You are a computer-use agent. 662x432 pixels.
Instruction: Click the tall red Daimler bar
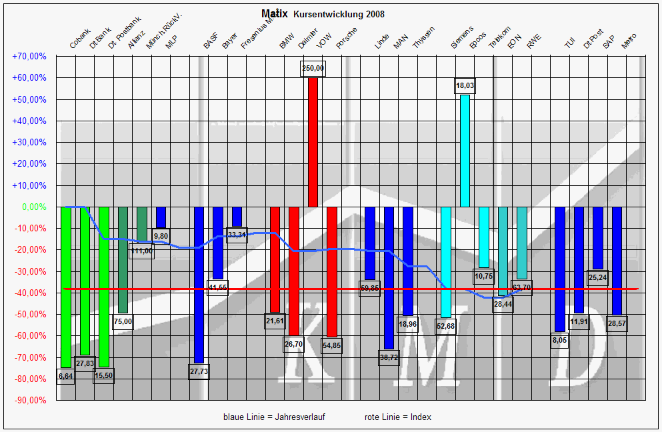click(x=313, y=142)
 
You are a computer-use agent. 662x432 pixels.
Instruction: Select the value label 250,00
click(x=313, y=68)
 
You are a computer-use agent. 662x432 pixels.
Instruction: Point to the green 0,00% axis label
click(x=34, y=207)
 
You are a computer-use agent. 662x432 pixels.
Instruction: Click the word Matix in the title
click(x=275, y=13)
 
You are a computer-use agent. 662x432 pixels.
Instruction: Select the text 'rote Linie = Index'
click(x=398, y=417)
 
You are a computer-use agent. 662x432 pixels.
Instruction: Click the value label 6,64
click(x=65, y=377)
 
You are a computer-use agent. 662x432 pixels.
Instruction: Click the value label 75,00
click(x=123, y=321)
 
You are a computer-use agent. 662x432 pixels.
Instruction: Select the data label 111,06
click(x=142, y=251)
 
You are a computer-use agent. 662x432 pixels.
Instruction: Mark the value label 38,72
click(x=389, y=357)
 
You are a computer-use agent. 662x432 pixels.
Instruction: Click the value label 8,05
click(x=559, y=339)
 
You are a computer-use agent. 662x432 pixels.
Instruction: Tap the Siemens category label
click(x=462, y=38)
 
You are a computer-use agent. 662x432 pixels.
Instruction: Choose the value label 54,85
click(x=331, y=345)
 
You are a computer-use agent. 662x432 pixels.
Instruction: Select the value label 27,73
click(x=199, y=371)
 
